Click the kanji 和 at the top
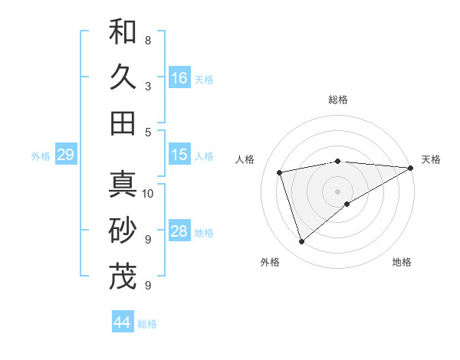point(123,32)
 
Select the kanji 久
point(123,77)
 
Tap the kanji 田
point(123,123)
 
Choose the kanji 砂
point(123,231)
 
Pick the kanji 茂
point(123,277)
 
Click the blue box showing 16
point(179,77)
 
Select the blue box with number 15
point(179,155)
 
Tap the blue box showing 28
point(179,231)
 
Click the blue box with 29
point(65,155)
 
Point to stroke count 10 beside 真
point(148,193)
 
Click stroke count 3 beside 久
point(147,86)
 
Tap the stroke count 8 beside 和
point(147,40)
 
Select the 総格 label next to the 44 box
point(147,324)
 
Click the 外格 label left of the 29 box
point(41,156)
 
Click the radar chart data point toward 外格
point(301,242)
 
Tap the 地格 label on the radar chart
point(402,262)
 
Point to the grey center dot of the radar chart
point(337,191)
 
